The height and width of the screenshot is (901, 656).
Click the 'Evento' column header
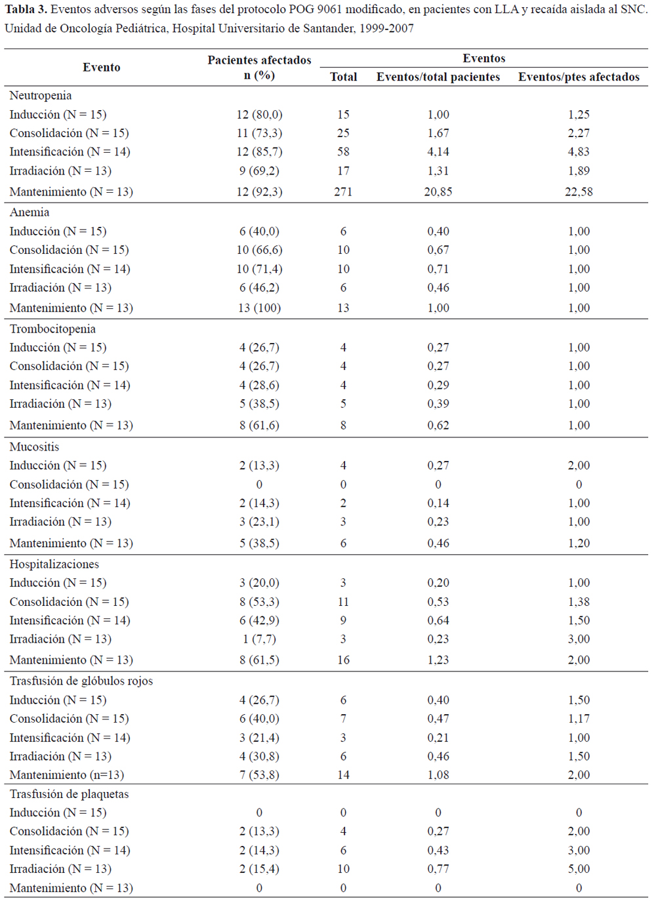[101, 67]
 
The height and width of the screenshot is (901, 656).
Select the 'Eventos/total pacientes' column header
[438, 77]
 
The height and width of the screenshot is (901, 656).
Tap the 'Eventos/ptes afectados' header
[579, 77]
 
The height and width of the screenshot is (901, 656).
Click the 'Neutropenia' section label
[40, 95]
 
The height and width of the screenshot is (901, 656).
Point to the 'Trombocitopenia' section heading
[52, 329]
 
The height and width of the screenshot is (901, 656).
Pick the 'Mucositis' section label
[34, 447]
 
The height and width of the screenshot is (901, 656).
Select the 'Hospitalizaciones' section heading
[54, 564]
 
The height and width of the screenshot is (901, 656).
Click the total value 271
[343, 191]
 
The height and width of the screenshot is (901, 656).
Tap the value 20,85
[438, 191]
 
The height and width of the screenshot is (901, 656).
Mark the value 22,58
[579, 191]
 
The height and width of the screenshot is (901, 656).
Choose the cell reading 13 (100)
[259, 308]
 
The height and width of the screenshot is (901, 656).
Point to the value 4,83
[579, 151]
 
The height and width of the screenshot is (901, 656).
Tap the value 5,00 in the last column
[579, 868]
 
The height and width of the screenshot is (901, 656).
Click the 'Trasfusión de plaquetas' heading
[69, 793]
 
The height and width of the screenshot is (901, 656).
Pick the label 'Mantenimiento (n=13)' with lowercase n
[66, 774]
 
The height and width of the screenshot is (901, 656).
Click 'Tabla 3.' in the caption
[26, 9]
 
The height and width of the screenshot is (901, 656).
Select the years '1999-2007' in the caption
[386, 28]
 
